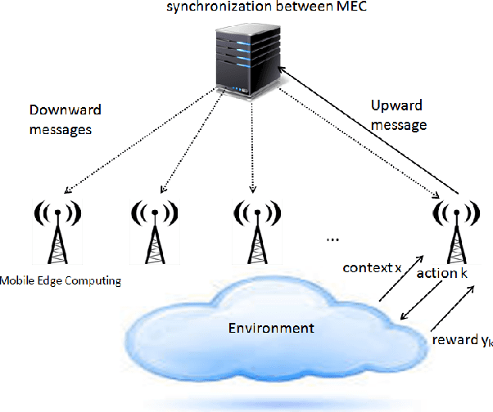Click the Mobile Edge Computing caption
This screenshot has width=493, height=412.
(x=61, y=281)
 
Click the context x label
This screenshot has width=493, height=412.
(x=373, y=268)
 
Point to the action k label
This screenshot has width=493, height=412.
(x=442, y=272)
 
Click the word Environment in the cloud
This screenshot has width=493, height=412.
(x=271, y=329)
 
